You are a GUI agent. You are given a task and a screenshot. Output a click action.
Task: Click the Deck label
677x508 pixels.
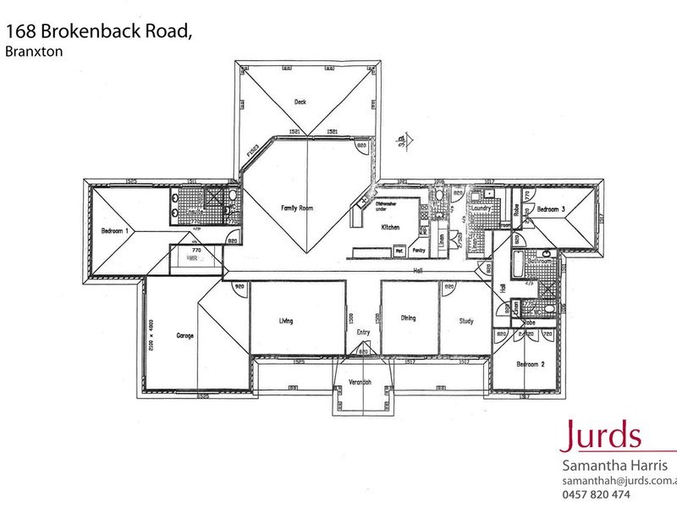[300, 102]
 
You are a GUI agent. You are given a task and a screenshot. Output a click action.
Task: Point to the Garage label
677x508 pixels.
[185, 335]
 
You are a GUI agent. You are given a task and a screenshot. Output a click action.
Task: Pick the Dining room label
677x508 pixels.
[409, 318]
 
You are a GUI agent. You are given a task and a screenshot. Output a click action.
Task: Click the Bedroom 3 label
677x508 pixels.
[551, 208]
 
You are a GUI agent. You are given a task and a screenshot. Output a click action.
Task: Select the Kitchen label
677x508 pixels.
[389, 228]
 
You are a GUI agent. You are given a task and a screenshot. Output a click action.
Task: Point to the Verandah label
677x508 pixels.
[363, 383]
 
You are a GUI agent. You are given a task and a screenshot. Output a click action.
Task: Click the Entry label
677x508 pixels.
[363, 332]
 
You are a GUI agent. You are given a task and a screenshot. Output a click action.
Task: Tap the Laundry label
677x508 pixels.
[482, 207]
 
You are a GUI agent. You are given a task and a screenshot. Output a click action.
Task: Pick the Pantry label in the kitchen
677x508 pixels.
[418, 251]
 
